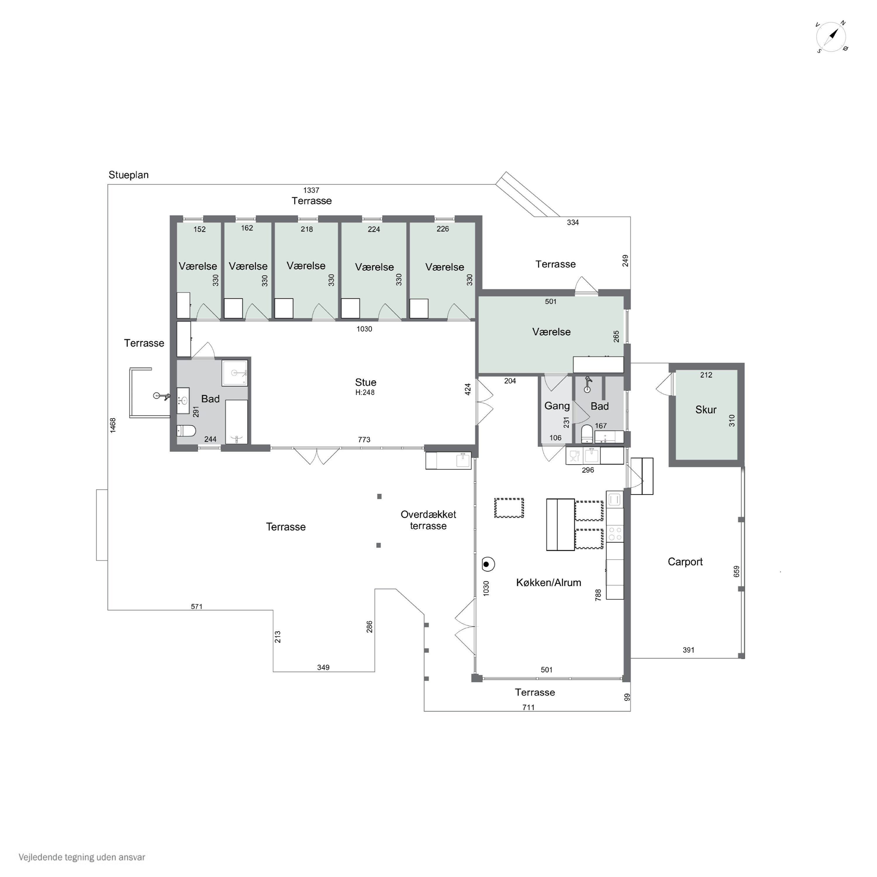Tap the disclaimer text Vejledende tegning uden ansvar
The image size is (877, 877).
82,857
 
